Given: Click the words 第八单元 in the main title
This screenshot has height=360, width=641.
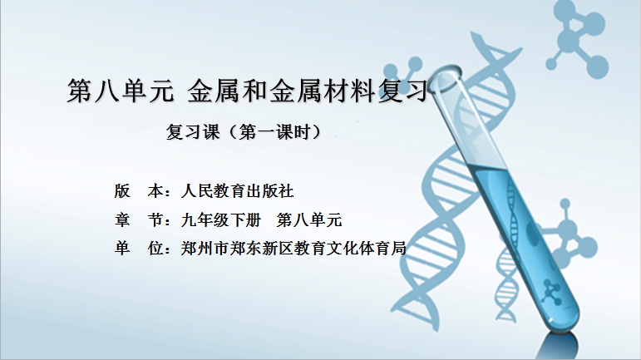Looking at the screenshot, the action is click(x=121, y=91).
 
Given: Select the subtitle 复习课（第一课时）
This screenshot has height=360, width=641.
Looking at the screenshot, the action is click(x=244, y=131).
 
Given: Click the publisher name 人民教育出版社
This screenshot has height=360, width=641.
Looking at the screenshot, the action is click(x=237, y=191).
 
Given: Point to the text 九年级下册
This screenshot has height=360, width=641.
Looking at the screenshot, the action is click(x=221, y=219).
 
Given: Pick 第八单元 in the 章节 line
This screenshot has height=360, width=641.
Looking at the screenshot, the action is click(x=309, y=219).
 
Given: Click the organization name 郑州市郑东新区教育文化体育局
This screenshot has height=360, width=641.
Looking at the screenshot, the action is click(x=293, y=248).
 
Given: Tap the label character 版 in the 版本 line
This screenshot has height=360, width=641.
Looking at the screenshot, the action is click(x=122, y=191).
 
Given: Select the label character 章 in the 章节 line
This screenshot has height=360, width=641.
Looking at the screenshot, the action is click(x=122, y=219).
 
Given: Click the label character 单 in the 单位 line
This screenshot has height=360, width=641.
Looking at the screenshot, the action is click(x=122, y=248).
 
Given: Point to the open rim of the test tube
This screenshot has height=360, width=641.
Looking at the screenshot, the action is click(x=445, y=77).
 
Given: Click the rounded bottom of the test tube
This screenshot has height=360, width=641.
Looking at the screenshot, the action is click(x=564, y=317).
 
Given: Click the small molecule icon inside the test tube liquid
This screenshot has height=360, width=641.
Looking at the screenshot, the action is click(x=552, y=292).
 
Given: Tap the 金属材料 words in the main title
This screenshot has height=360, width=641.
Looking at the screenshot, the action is click(x=322, y=91).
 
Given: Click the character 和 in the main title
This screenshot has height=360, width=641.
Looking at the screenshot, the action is click(x=254, y=91).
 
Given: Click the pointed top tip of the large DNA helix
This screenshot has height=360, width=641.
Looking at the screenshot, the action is click(x=473, y=34).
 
